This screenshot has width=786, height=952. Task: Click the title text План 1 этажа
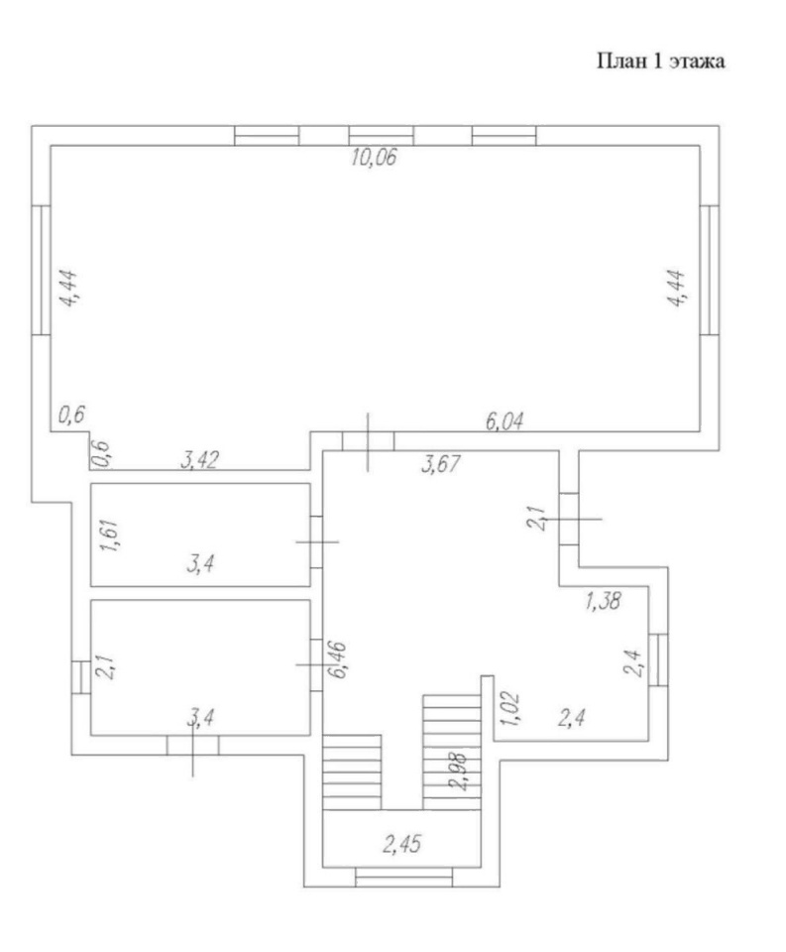(x=661, y=61)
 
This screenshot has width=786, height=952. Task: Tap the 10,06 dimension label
(x=374, y=158)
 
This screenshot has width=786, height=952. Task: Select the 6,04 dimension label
(x=504, y=420)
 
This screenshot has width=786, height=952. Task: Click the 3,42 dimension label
(x=199, y=460)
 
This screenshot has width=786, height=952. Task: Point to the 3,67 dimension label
(x=441, y=464)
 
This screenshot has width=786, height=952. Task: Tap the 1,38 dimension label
(x=603, y=601)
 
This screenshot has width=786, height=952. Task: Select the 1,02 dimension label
(x=509, y=708)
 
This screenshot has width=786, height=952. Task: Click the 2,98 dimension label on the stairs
(x=460, y=772)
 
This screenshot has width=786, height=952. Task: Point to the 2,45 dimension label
(x=401, y=844)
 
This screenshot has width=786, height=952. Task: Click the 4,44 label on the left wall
(x=68, y=289)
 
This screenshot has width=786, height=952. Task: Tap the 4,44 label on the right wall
(x=676, y=288)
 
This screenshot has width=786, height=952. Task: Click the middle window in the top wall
(x=382, y=136)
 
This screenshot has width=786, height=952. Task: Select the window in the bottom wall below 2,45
(x=404, y=878)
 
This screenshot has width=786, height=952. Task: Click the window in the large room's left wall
(x=42, y=270)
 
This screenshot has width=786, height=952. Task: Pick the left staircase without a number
(x=352, y=772)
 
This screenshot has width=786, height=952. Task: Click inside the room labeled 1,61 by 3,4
(x=200, y=535)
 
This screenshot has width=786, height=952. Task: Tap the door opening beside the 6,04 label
(x=369, y=440)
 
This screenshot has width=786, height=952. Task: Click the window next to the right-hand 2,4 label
(x=658, y=660)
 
